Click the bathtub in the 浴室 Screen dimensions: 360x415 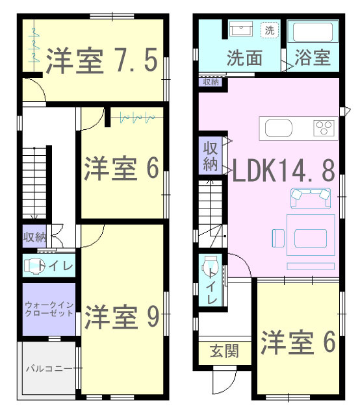coord(313,32)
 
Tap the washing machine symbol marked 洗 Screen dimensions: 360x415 coord(270,31)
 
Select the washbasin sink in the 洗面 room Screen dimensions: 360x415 coord(241,29)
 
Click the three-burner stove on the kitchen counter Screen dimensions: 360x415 coord(324,127)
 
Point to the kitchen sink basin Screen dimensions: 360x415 coord(278,128)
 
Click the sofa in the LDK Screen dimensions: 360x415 coord(311,198)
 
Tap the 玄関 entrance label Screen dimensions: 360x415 coord(224,351)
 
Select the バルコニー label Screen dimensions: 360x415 coord(49,368)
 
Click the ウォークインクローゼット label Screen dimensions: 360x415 coord(49,309)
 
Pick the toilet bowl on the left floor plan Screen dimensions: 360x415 coord(32,266)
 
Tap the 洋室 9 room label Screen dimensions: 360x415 coord(122,316)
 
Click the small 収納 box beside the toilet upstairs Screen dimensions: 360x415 coord(34,236)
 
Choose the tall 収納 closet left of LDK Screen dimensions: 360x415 coord(211,155)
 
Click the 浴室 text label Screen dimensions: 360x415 coord(313,57)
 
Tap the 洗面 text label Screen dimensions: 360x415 coord(244,58)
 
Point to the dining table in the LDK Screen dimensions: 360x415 coord(311,235)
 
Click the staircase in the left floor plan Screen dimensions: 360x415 coord(34,183)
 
